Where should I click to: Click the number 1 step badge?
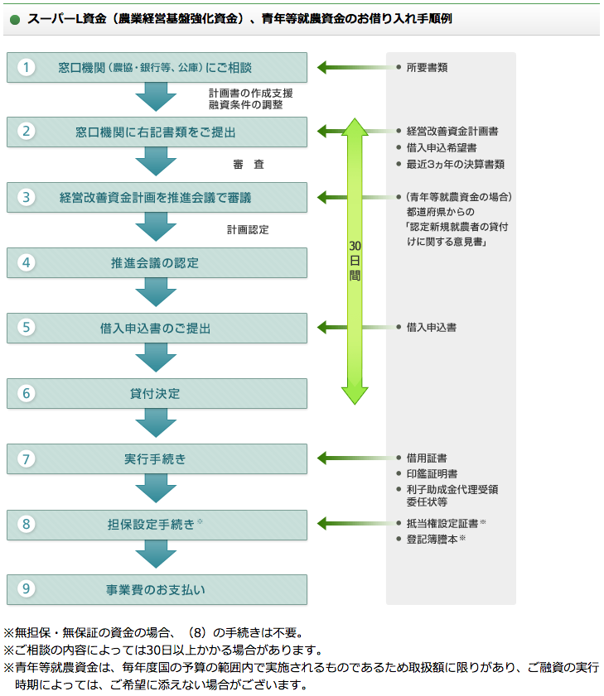pos(27,67)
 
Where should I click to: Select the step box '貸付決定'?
pos(157,393)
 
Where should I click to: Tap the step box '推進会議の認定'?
pos(157,263)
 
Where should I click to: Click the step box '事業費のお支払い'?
pos(157,589)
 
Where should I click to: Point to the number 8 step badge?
pos(27,524)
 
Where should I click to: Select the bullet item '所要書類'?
pos(427,68)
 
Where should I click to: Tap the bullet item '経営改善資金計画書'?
pos(452,132)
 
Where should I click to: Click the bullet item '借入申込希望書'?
pos(441,147)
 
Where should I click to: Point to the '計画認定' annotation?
pos(248,230)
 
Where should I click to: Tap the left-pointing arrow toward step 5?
pos(331,328)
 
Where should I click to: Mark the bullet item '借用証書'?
pos(427,458)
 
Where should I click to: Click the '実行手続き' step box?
pos(157,458)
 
